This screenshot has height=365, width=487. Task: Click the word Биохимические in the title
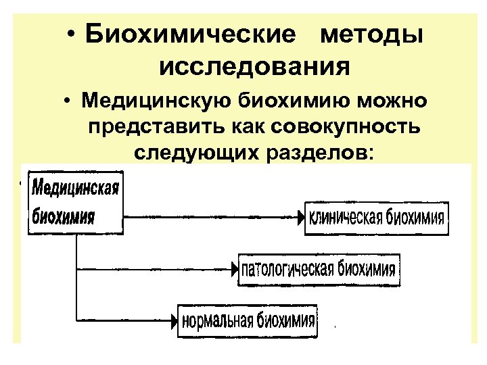pos(191,34)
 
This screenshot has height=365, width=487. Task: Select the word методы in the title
pos(373,34)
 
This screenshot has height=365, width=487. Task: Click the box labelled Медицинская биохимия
pos(75,201)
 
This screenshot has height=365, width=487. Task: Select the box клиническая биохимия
pos(376,218)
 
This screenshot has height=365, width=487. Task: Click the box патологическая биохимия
pos(319,270)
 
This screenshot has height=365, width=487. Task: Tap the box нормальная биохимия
pos(248,319)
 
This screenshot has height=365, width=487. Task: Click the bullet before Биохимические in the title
pos(72,34)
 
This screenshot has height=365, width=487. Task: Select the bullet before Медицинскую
pos(69,102)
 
